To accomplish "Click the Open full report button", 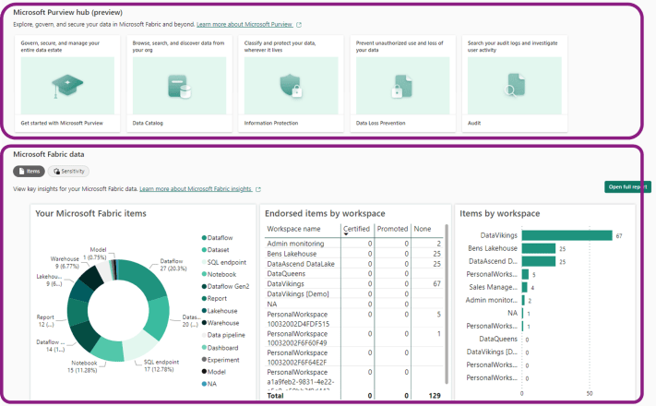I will click(x=627, y=187).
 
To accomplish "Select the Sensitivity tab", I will click(x=69, y=172).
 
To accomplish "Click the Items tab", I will click(x=29, y=172).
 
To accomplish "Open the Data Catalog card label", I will click(x=149, y=122).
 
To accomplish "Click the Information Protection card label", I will click(x=271, y=122).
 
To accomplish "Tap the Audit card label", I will click(x=474, y=122).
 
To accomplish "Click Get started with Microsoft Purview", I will click(x=62, y=122).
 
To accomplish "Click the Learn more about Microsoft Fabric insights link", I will click(x=195, y=188).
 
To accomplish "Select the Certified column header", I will click(x=356, y=228).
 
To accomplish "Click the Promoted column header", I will click(x=392, y=228).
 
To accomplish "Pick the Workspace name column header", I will click(x=293, y=228).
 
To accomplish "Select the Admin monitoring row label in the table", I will click(x=295, y=243).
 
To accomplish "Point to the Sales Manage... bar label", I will click(x=493, y=287).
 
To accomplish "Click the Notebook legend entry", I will click(x=221, y=274).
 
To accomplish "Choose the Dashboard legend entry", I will click(x=224, y=348).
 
